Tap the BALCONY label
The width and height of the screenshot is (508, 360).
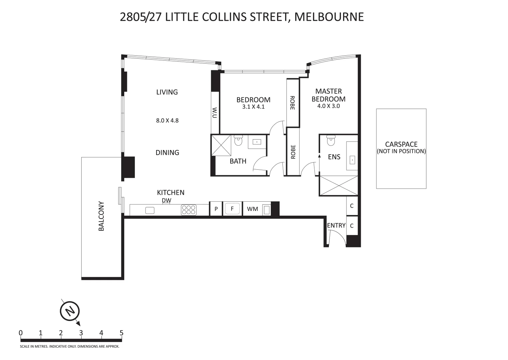[x=101, y=216]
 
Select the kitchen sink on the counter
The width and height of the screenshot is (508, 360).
[x=150, y=210]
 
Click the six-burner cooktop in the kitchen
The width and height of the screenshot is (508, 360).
[x=189, y=209]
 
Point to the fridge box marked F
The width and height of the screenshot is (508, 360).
[x=233, y=209]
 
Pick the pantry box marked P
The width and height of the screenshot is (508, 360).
[x=216, y=209]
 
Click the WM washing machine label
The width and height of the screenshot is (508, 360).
[x=253, y=209]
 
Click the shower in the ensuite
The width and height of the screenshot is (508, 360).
[x=339, y=185]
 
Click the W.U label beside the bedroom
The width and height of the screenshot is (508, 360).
[x=215, y=113]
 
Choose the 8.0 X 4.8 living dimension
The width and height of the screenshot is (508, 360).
[x=167, y=121]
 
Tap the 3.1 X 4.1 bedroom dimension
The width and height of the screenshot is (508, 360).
[x=253, y=107]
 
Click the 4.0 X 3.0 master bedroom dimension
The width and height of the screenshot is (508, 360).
[x=328, y=106]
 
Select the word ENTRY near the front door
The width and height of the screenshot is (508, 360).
[x=336, y=226]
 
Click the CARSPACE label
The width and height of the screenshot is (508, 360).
[x=401, y=144]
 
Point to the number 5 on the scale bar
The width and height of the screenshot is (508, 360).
[x=121, y=333]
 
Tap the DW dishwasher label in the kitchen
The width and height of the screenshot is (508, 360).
[x=166, y=200]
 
